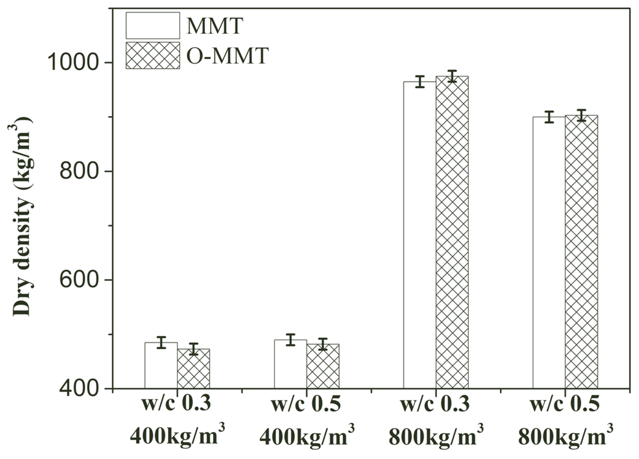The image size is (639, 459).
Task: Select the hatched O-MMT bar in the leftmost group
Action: pyautogui.click(x=193, y=369)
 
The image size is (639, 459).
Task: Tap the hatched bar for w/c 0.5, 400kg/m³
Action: pyautogui.click(x=323, y=366)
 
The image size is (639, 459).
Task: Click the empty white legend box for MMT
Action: pyautogui.click(x=153, y=25)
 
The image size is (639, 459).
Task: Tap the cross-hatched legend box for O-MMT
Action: pyautogui.click(x=153, y=56)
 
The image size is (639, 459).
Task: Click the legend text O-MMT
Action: pyautogui.click(x=227, y=55)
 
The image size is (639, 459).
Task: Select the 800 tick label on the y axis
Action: pyautogui.click(x=78, y=171)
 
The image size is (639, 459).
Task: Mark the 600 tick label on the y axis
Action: pyautogui.click(x=78, y=280)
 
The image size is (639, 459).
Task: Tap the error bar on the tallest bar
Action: pyautogui.click(x=452, y=76)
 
